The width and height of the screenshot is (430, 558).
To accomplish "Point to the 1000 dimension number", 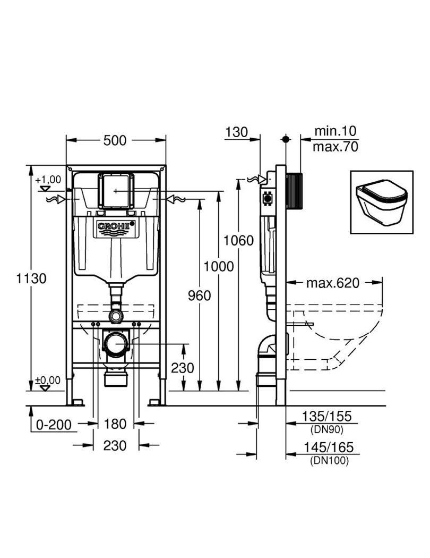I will (x=218, y=266).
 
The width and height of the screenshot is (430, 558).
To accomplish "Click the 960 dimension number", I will (x=199, y=294).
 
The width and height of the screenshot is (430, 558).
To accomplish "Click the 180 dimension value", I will (x=115, y=424).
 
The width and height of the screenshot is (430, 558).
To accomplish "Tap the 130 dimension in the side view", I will (x=236, y=132).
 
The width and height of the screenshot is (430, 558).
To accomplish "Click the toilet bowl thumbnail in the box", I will (x=382, y=202).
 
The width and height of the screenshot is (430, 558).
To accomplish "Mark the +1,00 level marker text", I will (x=48, y=180).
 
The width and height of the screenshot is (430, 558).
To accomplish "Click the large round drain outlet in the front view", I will (x=116, y=344).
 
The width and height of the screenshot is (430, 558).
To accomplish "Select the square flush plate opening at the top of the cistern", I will (x=115, y=189).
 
